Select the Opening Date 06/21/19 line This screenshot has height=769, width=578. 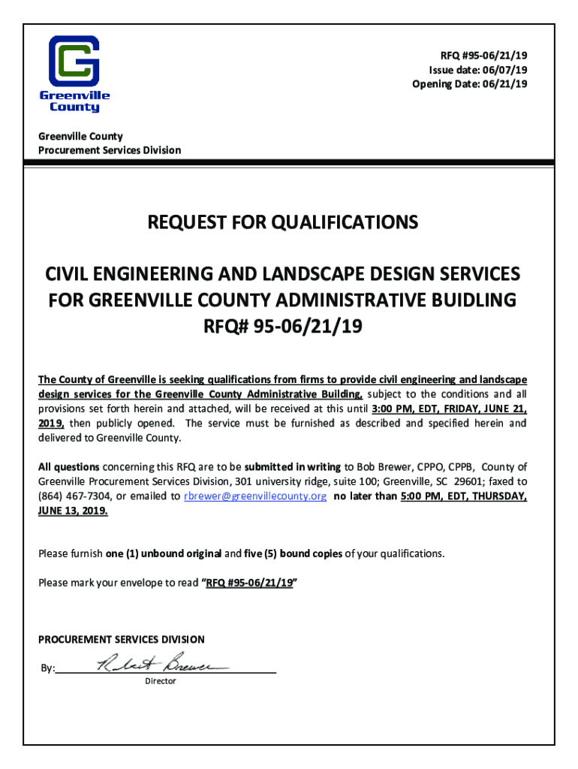point(469,83)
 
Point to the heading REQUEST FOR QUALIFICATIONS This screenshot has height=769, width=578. point(283,222)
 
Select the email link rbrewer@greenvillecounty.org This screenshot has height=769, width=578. point(254,496)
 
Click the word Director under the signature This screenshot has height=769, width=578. point(160,681)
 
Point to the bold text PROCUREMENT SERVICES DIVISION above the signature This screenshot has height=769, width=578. point(121,640)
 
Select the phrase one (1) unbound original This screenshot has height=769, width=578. point(163,553)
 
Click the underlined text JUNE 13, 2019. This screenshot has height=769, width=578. point(73,510)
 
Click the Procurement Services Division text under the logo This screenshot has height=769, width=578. point(110,150)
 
